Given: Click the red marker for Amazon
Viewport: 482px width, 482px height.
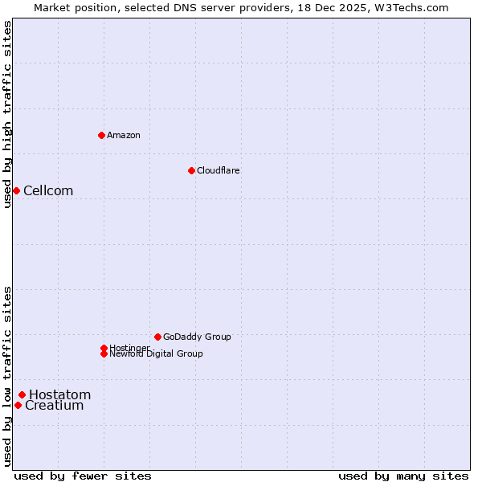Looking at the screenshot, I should tap(101, 135).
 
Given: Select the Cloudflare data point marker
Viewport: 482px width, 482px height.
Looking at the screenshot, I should tap(191, 170).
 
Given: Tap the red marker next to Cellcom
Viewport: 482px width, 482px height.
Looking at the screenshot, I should tap(16, 190).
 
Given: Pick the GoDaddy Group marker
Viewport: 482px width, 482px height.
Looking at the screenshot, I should tap(157, 337).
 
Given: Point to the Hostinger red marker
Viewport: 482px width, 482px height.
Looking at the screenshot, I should tap(104, 348).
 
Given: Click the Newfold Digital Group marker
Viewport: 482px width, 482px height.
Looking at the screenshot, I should tap(104, 353).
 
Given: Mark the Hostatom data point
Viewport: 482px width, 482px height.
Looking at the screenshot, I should tap(22, 394).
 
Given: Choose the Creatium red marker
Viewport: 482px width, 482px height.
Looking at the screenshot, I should tap(18, 405).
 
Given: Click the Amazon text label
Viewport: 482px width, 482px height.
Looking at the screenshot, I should tap(124, 135).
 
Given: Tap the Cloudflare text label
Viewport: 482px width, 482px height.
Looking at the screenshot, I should tap(219, 170).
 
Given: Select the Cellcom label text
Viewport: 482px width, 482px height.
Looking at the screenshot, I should tap(48, 190).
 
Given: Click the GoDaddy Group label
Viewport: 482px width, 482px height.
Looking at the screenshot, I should tap(197, 337).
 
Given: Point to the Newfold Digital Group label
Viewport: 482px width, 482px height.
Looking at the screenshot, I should tap(157, 353).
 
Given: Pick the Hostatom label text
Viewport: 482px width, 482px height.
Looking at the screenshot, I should tap(60, 394).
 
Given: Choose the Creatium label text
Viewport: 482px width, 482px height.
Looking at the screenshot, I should tap(55, 406).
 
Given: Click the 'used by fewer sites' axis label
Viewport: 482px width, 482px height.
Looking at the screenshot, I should tap(83, 476).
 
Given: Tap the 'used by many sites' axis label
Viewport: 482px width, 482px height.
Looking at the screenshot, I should tap(403, 476).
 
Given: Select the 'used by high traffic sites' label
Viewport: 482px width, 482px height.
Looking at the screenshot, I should tap(7, 113).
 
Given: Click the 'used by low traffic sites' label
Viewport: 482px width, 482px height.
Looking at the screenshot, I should tap(7, 376).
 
